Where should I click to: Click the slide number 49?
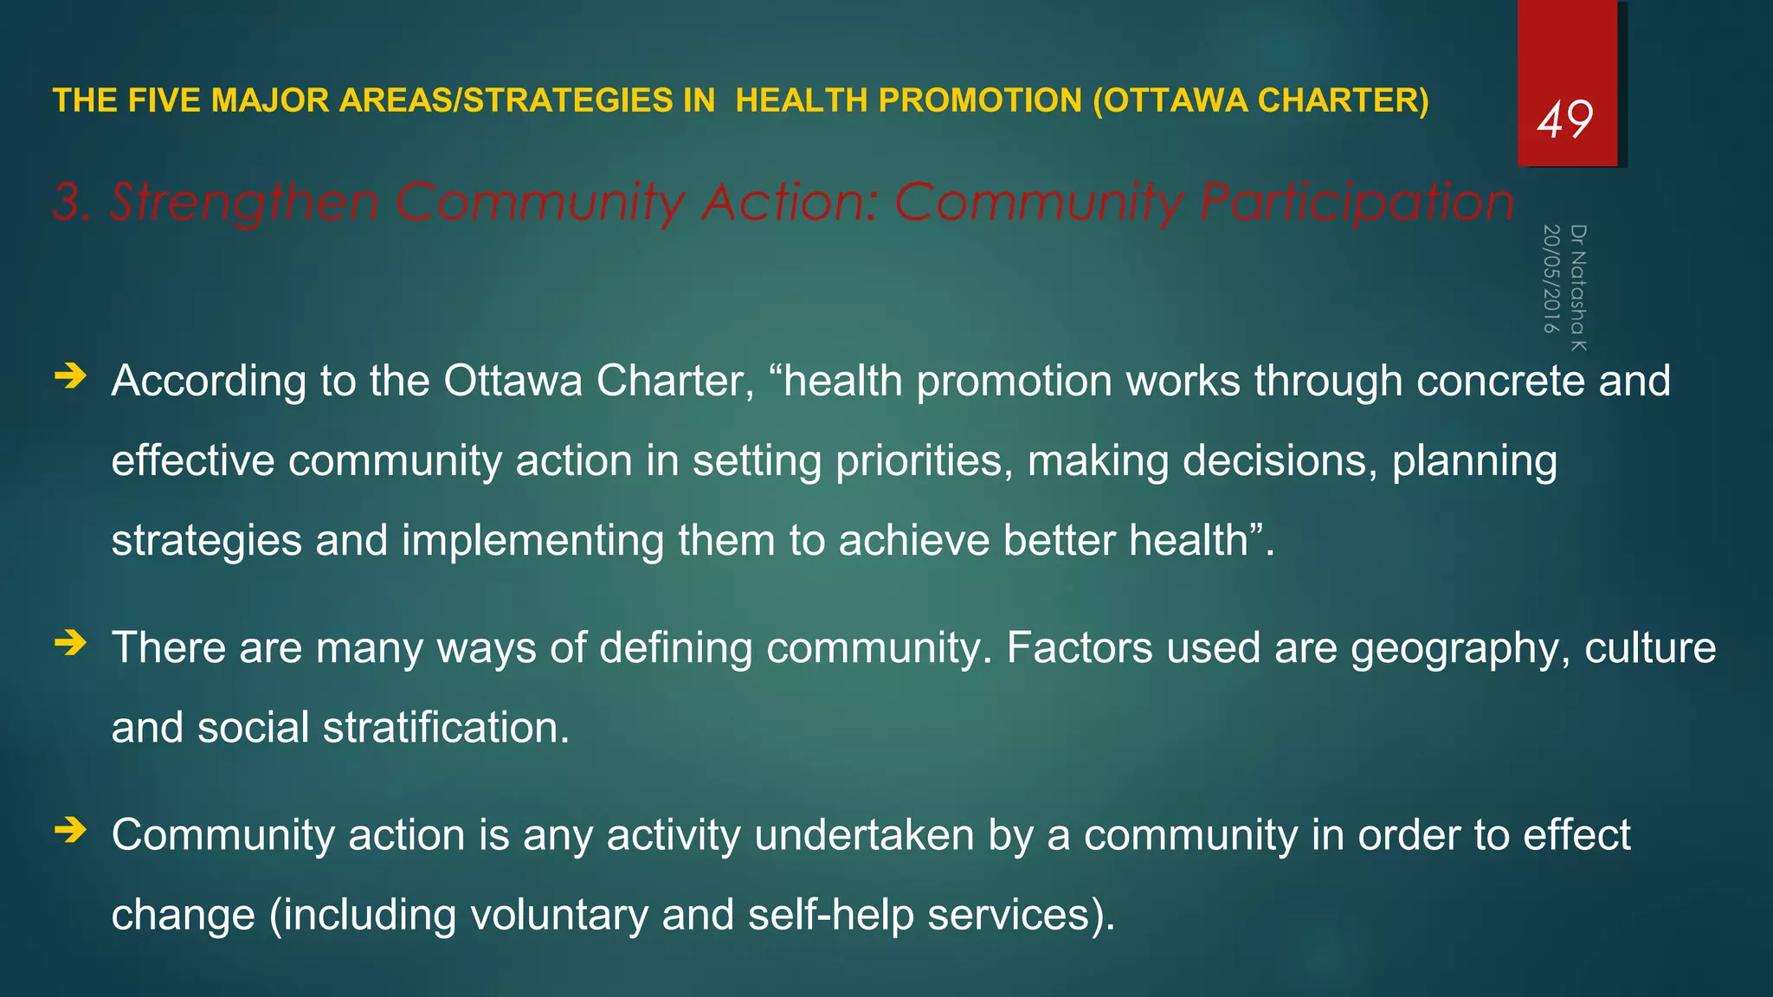tap(1564, 119)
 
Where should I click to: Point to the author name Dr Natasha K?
tap(1578, 287)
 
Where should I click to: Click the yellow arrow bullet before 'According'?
tap(70, 376)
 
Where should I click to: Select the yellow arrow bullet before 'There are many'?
tap(70, 643)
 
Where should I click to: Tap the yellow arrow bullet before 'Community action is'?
tap(70, 831)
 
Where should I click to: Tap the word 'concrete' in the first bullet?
tap(1500, 381)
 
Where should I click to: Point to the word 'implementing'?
tap(532, 541)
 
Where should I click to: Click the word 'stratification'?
tap(446, 727)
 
